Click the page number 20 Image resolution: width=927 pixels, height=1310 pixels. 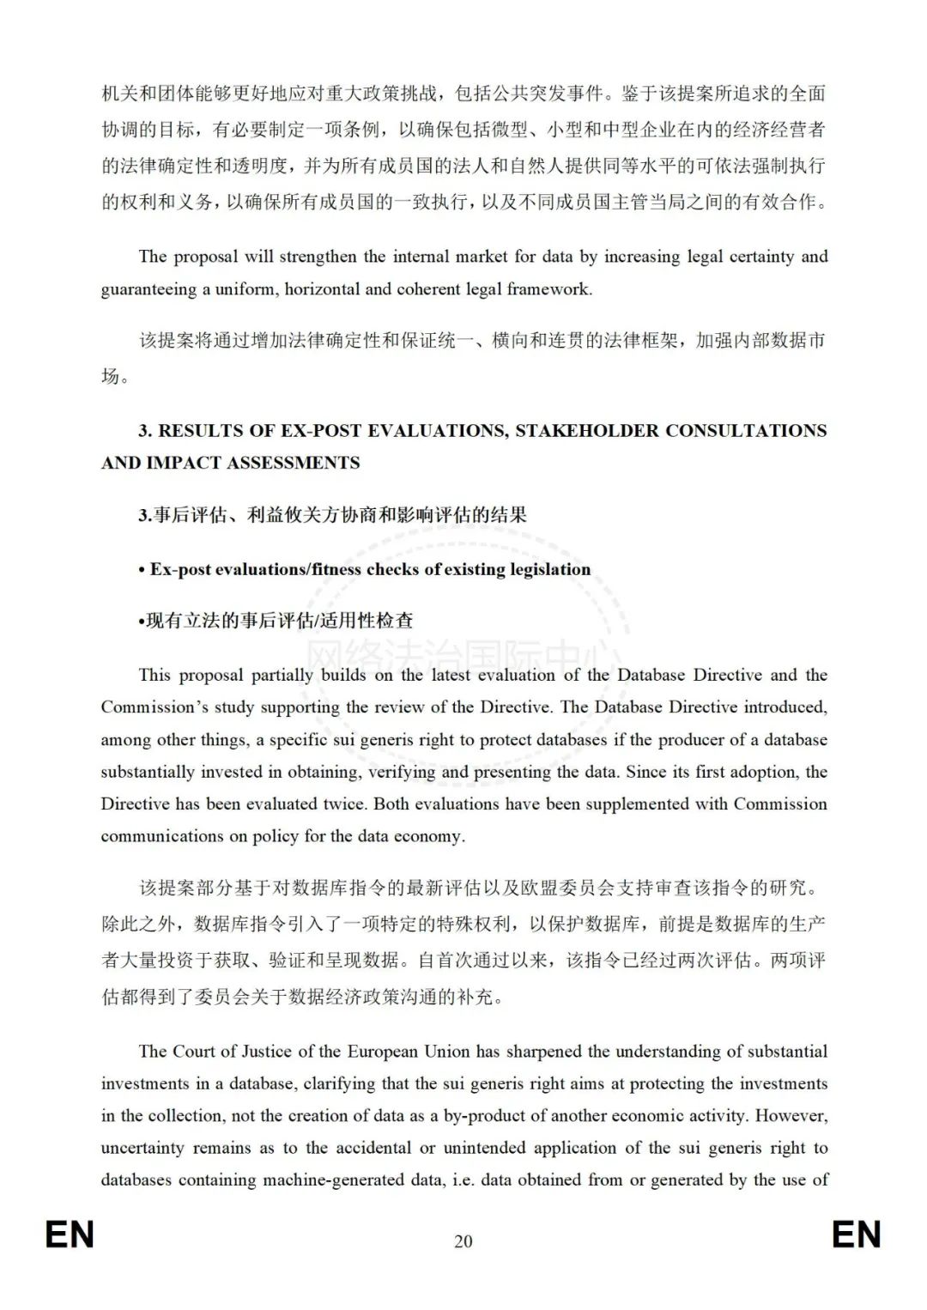(463, 1240)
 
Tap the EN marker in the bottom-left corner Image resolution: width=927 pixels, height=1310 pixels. (70, 1234)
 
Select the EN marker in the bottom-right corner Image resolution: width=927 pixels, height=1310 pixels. (856, 1234)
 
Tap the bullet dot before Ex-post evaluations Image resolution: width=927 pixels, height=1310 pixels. (142, 570)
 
